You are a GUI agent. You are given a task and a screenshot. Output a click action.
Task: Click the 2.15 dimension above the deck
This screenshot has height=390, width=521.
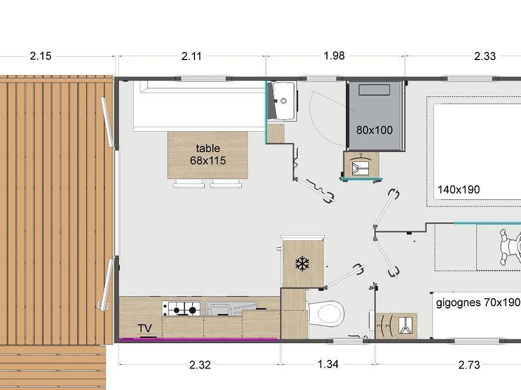[41, 56]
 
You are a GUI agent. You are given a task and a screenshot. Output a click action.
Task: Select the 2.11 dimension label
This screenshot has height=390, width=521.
[192, 56]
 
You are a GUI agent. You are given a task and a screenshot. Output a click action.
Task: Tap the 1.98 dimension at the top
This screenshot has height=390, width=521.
[335, 55]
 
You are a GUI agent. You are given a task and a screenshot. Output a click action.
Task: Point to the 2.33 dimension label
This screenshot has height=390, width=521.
[485, 56]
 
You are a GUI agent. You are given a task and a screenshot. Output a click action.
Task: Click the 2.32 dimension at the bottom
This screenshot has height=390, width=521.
[200, 365]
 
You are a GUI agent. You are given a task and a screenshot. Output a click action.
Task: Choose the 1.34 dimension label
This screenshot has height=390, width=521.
[328, 364]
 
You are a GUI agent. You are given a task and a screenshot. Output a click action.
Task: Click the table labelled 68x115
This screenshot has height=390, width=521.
[207, 155]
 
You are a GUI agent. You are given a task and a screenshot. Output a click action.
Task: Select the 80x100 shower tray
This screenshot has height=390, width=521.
[374, 117]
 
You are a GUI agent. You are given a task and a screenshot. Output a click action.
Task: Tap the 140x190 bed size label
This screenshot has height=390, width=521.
[458, 190]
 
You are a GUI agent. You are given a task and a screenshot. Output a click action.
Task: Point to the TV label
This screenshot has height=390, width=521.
[145, 329]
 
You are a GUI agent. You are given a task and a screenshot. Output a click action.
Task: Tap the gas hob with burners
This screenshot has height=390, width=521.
[179, 309]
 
